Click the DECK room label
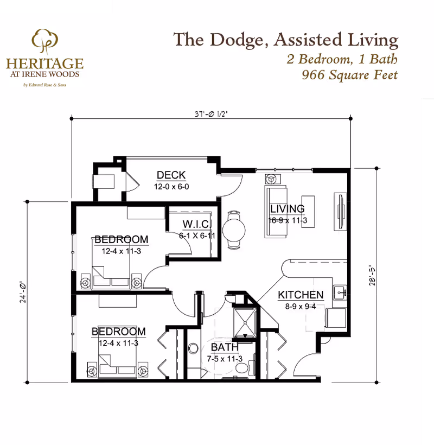coord(171,175)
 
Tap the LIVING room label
coord(288,209)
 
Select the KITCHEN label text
coord(301,295)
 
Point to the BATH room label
coord(224,347)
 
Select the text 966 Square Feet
coord(349,74)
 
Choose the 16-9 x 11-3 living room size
coord(288,221)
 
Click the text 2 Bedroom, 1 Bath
coord(342,59)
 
